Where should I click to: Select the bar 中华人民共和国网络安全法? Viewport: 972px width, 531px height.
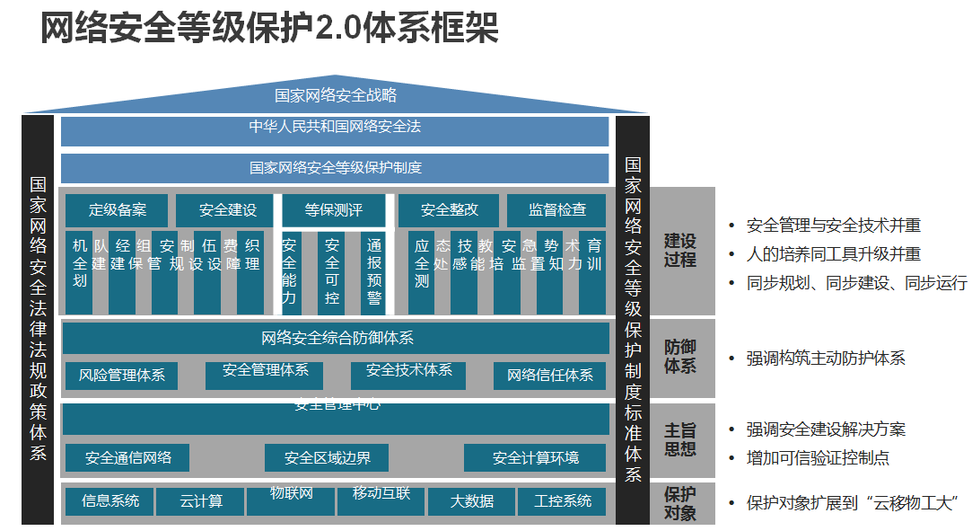pyautogui.click(x=335, y=128)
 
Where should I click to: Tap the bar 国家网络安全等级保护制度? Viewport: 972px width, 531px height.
pyautogui.click(x=335, y=168)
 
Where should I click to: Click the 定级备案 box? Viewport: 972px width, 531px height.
pyautogui.click(x=117, y=210)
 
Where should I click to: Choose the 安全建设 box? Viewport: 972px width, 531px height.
pyautogui.click(x=228, y=210)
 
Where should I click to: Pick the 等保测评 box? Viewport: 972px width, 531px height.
pyautogui.click(x=334, y=210)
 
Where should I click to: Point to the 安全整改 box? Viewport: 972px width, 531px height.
pyautogui.click(x=450, y=210)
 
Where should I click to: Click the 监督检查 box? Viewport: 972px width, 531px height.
pyautogui.click(x=556, y=210)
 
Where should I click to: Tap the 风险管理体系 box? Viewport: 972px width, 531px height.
pyautogui.click(x=121, y=376)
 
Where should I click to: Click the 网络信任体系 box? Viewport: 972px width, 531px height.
pyautogui.click(x=549, y=376)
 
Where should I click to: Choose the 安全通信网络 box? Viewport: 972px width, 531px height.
pyautogui.click(x=128, y=458)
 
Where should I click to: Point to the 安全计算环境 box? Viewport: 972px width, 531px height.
pyautogui.click(x=535, y=458)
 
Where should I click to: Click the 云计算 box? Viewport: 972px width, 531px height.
pyautogui.click(x=200, y=501)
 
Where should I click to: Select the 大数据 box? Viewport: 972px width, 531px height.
pyautogui.click(x=472, y=501)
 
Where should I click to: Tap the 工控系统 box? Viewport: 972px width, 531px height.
pyautogui.click(x=562, y=501)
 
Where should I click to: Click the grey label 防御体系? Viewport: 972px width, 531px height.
pyautogui.click(x=680, y=358)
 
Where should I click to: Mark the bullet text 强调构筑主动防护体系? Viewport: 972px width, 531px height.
pyautogui.click(x=826, y=358)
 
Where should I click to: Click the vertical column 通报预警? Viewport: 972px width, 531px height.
pyautogui.click(x=374, y=271)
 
